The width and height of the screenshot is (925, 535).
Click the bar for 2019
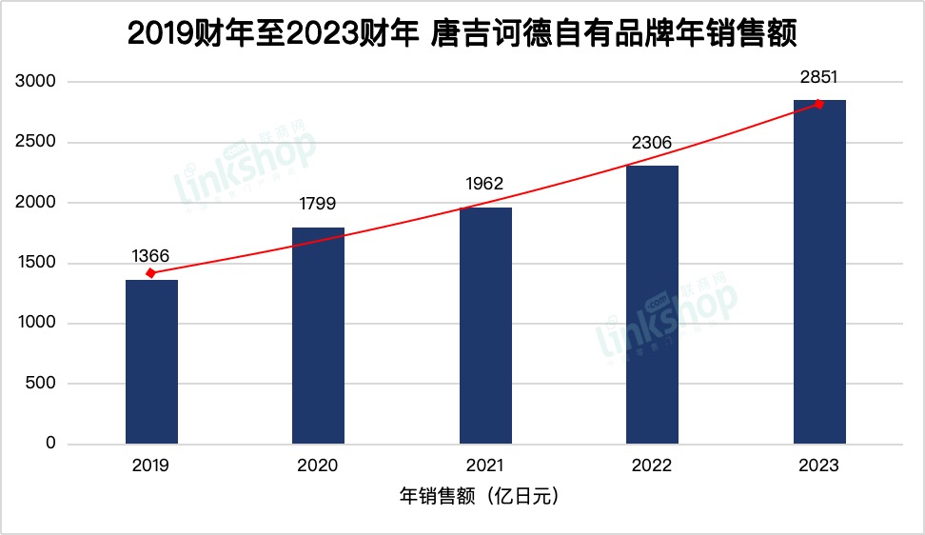(151, 362)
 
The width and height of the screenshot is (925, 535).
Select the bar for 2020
(318, 335)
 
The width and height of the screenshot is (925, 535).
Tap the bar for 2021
(485, 326)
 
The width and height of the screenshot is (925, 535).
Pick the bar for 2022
(652, 305)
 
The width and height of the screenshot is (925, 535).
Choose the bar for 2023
(819, 272)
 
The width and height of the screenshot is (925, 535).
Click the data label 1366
(151, 255)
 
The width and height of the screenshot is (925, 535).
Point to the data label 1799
(318, 203)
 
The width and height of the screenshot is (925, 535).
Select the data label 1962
(485, 184)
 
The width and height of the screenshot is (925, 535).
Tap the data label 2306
(652, 143)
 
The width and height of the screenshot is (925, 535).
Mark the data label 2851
(819, 77)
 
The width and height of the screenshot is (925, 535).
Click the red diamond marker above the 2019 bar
(150, 273)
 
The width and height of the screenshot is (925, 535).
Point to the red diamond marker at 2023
(818, 104)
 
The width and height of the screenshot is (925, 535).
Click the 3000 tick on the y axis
(36, 83)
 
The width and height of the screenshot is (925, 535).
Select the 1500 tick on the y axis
(36, 264)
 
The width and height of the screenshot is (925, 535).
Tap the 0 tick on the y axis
(50, 445)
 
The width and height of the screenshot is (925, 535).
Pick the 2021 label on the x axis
(485, 466)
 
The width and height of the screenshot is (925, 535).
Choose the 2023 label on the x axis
(819, 466)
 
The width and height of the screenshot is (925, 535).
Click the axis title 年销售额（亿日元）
(484, 496)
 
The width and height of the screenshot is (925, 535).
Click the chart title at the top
(462, 35)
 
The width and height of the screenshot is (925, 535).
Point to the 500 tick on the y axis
(41, 385)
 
